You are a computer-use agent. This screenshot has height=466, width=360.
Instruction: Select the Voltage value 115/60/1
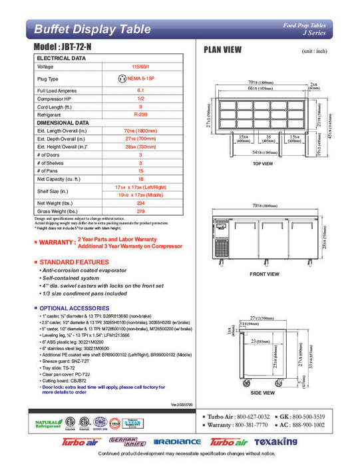140,67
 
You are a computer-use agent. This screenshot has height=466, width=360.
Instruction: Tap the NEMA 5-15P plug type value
140,79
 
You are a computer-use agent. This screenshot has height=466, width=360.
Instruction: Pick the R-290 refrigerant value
140,115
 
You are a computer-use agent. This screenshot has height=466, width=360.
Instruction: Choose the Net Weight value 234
140,203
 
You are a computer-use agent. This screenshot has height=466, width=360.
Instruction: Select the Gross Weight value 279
140,212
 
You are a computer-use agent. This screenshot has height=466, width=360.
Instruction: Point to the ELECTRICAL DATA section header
61,59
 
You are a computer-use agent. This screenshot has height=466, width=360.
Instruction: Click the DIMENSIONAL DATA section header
63,123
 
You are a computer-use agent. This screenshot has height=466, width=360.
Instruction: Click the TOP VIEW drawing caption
263,163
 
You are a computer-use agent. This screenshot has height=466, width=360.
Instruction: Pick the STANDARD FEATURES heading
74,262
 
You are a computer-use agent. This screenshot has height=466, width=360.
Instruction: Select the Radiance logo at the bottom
177,442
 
